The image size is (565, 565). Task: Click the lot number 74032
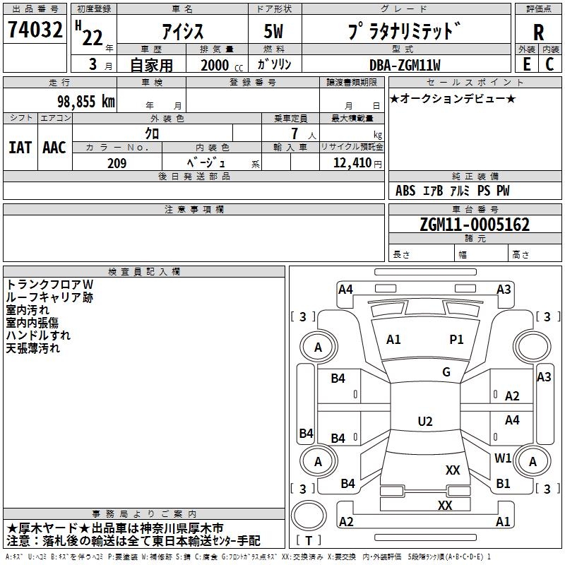point(35,30)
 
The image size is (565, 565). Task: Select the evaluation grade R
point(538,32)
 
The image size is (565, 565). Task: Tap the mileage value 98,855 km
point(86,101)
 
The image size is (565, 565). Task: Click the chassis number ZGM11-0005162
point(475,225)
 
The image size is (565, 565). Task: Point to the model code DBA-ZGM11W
point(405,65)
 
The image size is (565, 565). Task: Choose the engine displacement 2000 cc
point(222,65)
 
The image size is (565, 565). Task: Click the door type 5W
point(273,31)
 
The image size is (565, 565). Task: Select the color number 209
point(117,163)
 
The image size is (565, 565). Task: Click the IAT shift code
point(20,148)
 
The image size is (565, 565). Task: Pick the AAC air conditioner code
point(54,148)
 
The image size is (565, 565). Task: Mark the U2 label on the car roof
point(425,421)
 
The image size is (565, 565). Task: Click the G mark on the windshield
point(446,372)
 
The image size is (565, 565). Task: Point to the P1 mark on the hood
point(456,340)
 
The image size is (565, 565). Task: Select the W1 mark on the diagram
point(503,458)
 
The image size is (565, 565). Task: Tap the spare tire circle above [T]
point(309,515)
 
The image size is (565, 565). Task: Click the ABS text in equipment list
point(405,190)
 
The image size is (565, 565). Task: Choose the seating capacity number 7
point(295,133)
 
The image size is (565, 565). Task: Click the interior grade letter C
point(549,64)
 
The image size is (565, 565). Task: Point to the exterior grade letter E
point(527,64)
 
